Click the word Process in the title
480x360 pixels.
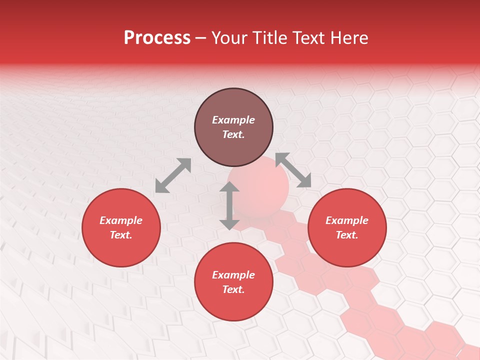(x=157, y=38)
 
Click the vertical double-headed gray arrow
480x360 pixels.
(x=229, y=206)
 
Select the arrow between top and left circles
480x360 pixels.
(x=173, y=175)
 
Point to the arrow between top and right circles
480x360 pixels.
(x=293, y=170)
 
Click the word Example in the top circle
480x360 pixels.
(x=233, y=120)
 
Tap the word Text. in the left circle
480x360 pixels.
(x=121, y=235)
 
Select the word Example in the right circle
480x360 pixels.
(x=347, y=220)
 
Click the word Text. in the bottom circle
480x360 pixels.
(x=233, y=289)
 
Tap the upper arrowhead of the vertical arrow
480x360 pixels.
(x=229, y=187)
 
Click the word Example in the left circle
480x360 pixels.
(x=121, y=220)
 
